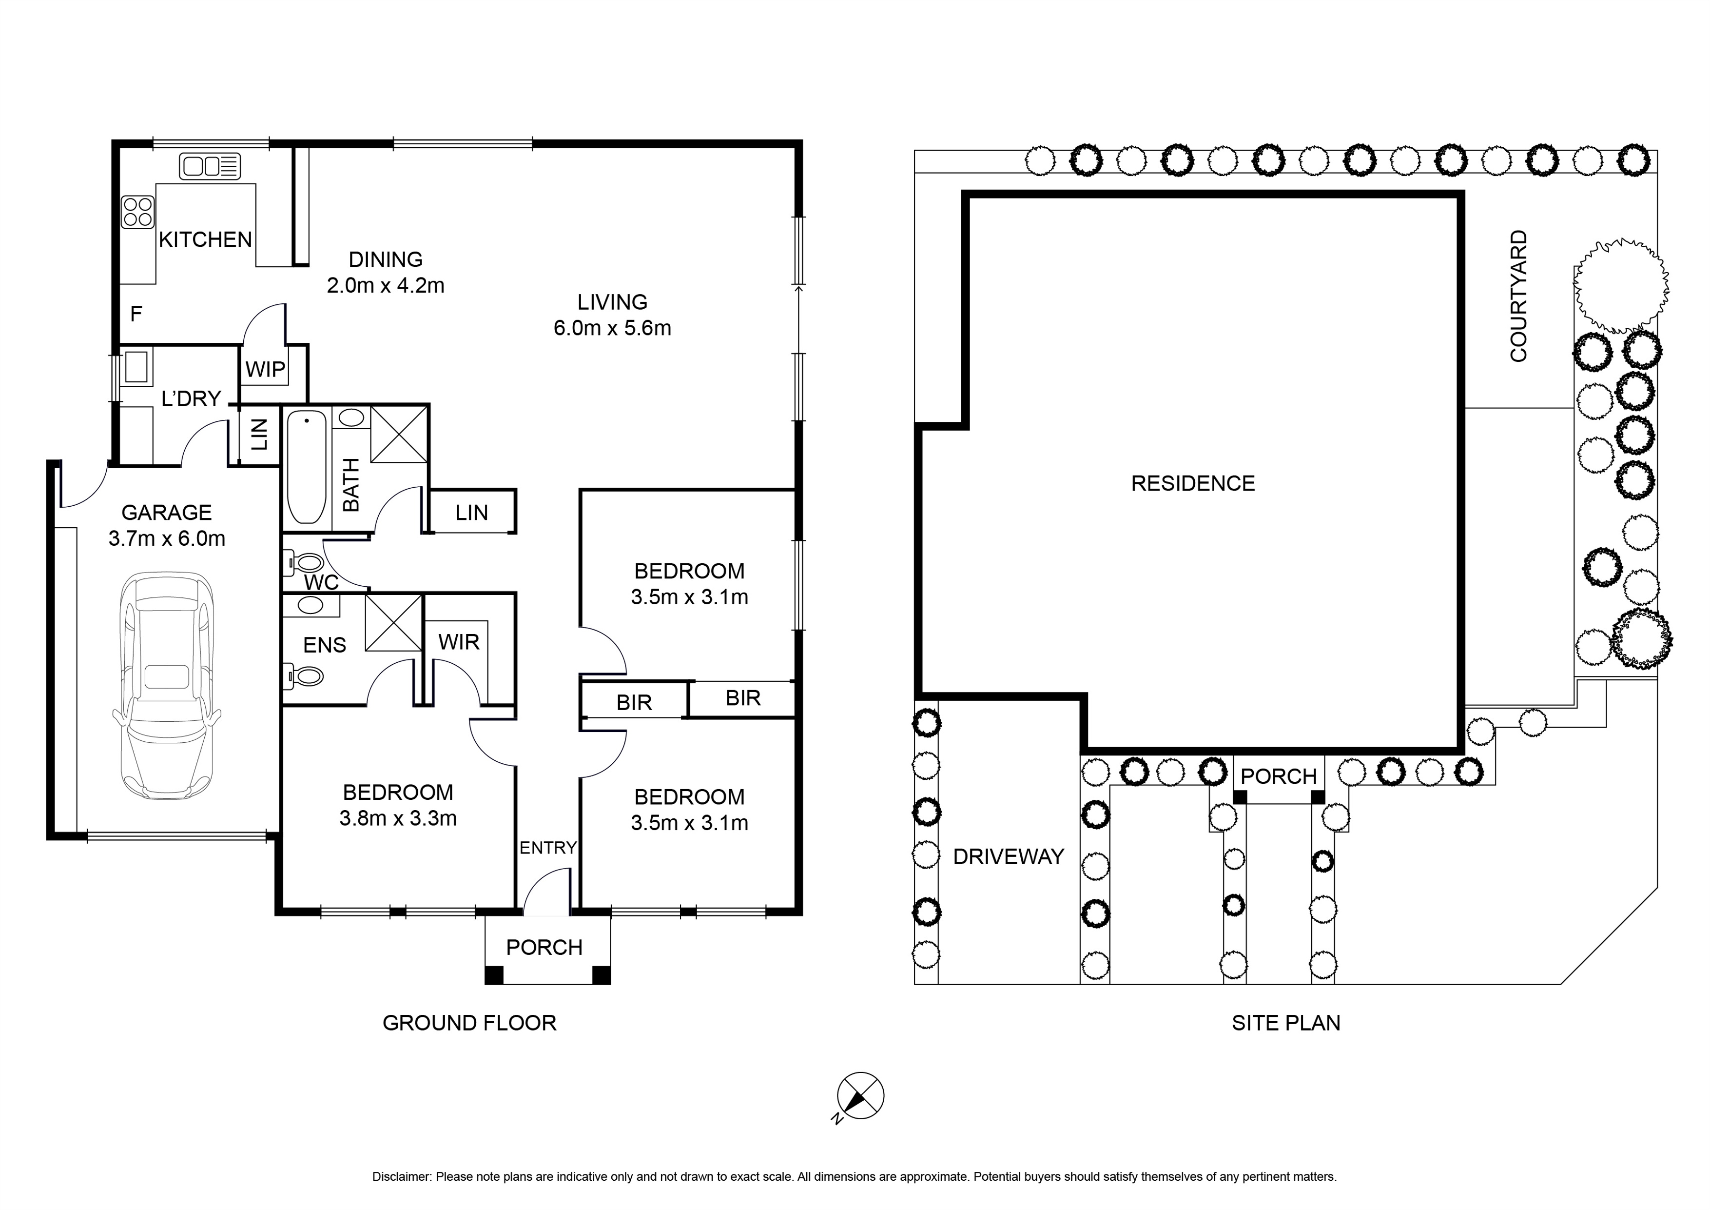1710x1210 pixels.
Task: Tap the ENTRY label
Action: (x=547, y=848)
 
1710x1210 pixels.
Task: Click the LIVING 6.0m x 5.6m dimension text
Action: (x=612, y=328)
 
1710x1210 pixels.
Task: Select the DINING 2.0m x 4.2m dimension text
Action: (x=385, y=285)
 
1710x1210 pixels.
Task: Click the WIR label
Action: (x=459, y=642)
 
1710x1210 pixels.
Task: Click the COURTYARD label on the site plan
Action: (x=1518, y=296)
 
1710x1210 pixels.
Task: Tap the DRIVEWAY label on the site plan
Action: (x=1009, y=857)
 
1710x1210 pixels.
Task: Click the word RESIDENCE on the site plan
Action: (x=1192, y=483)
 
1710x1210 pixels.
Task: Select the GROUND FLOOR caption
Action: (x=469, y=1023)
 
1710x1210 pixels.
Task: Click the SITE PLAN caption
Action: (x=1285, y=1023)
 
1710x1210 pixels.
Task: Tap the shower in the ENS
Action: (x=393, y=623)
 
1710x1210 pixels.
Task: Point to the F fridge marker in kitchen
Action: (x=136, y=314)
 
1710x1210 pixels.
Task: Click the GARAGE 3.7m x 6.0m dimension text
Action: (x=167, y=538)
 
